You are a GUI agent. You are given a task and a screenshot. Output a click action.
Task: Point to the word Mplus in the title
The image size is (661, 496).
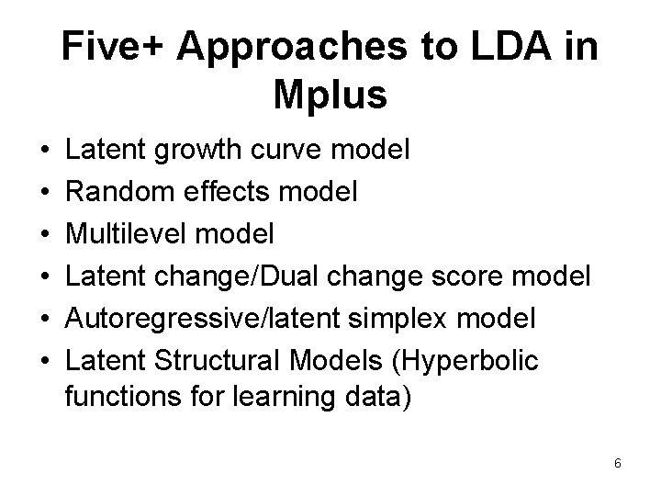coord(330,96)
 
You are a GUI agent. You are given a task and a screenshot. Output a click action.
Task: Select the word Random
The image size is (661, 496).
coord(118,192)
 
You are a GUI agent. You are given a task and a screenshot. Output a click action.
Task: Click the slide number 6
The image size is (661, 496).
coord(618,465)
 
